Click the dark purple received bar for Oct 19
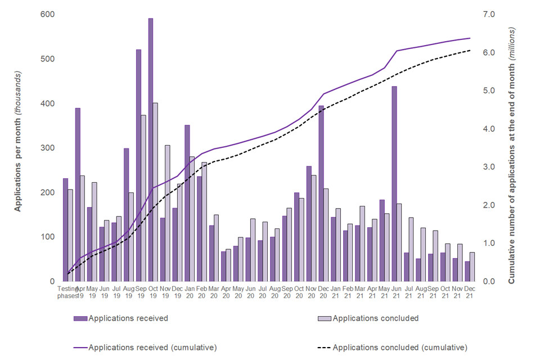point(151,150)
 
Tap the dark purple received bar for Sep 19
point(138,165)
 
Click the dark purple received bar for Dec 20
point(321,193)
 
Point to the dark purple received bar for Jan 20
point(187,203)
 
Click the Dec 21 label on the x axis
point(469,293)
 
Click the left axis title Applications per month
point(17,141)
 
